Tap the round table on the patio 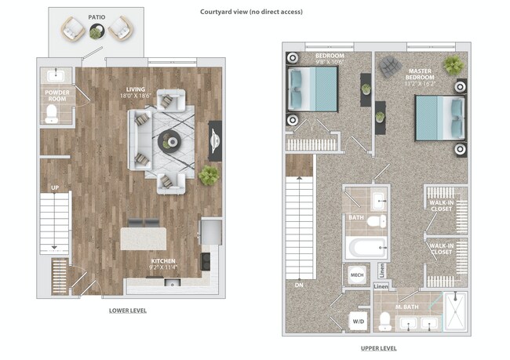[96, 32]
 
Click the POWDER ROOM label [56, 96]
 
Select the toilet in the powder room [53, 116]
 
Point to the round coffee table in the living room [169, 141]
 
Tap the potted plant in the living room [209, 176]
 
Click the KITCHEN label [163, 264]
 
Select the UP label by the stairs [54, 188]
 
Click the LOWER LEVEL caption [128, 311]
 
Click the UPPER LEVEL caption [377, 347]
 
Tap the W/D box [359, 321]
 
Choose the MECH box [355, 275]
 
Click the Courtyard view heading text [251, 12]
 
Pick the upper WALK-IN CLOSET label [440, 205]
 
